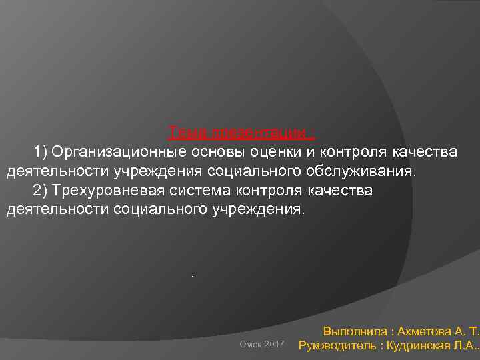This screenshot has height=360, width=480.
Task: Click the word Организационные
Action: click(x=116, y=153)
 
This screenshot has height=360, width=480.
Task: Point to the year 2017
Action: click(x=274, y=344)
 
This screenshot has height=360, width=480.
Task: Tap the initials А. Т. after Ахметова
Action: click(x=467, y=330)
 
